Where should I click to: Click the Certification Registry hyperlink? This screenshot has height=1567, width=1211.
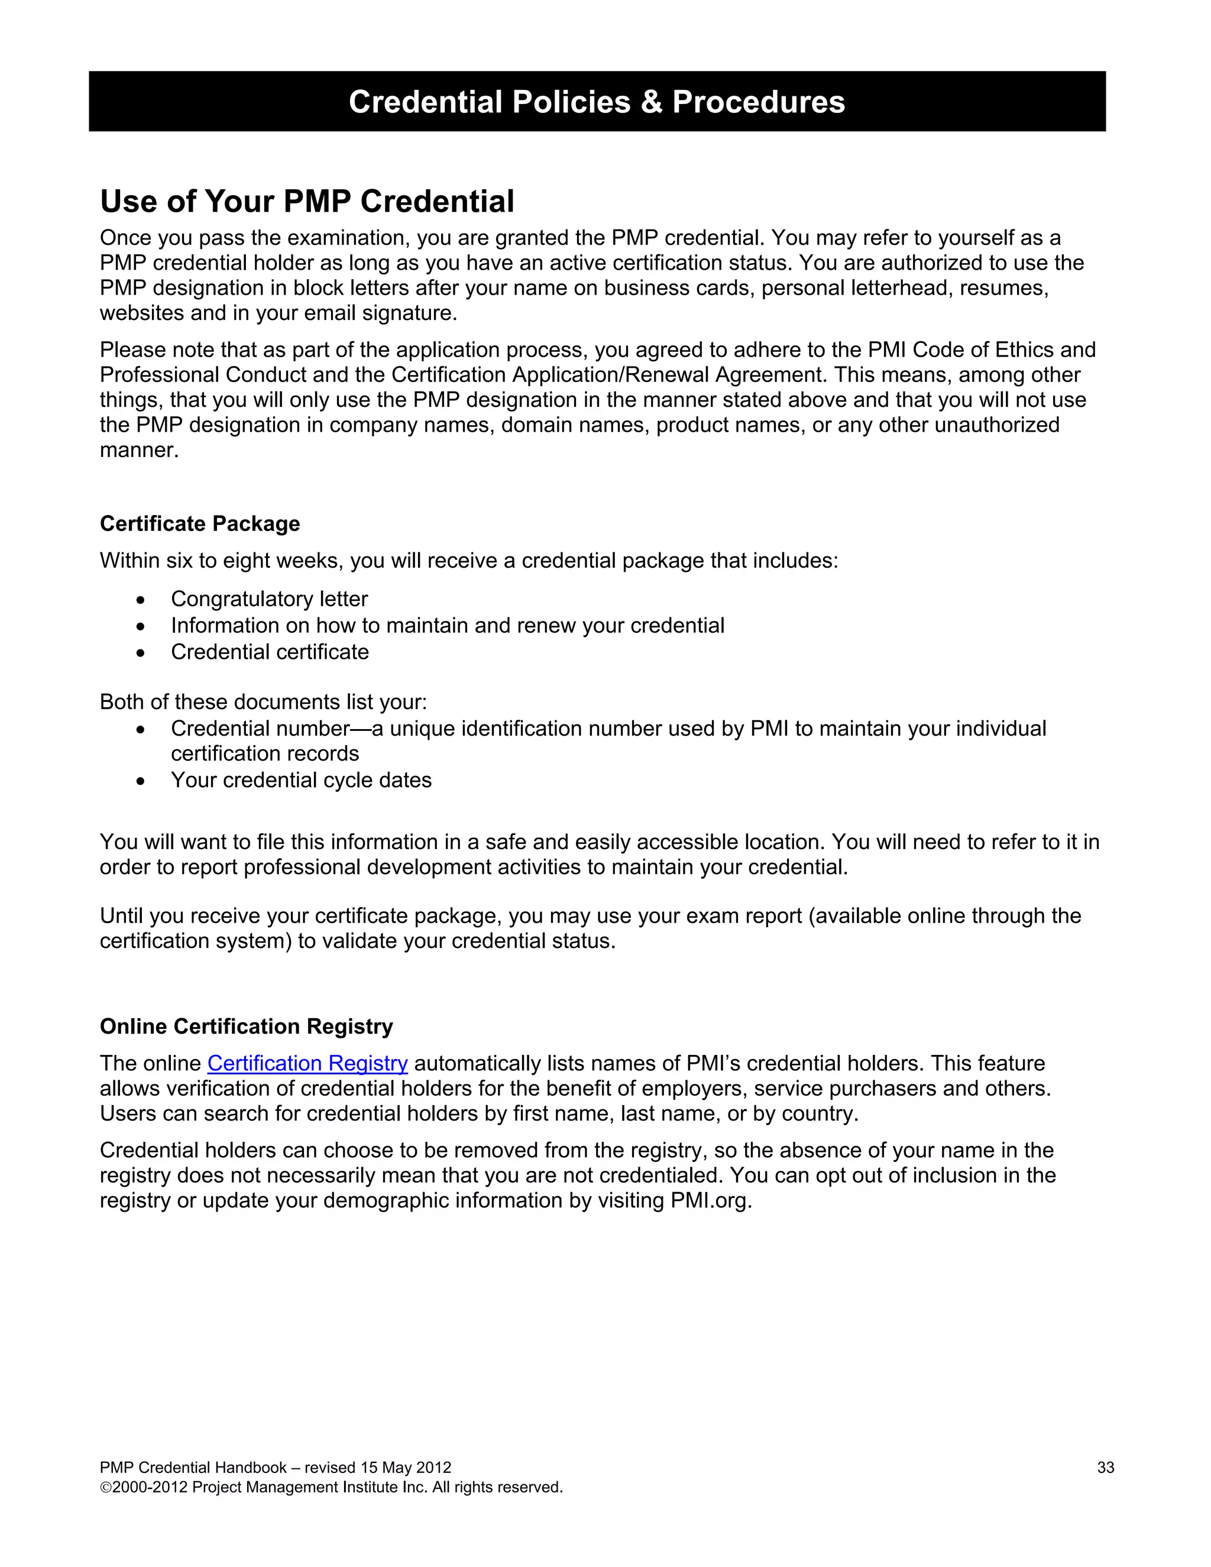tap(307, 1063)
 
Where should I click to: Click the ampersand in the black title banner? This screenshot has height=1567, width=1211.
tap(652, 102)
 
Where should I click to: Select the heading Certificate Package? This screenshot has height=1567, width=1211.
tap(199, 524)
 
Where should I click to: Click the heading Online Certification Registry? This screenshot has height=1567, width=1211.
tap(246, 1027)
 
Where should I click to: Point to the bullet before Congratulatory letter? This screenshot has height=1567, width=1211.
tap(141, 600)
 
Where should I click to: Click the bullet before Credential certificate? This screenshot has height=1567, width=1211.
tap(141, 653)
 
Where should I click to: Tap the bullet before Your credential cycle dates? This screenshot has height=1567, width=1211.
tap(141, 781)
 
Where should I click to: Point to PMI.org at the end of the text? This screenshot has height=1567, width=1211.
tap(710, 1201)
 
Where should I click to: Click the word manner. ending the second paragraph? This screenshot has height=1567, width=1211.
tap(139, 451)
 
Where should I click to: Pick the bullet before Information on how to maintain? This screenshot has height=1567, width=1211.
tap(141, 626)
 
